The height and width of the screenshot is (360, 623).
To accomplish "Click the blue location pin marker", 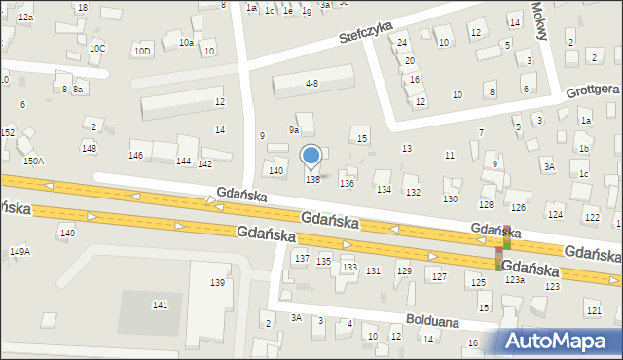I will coord(311,156).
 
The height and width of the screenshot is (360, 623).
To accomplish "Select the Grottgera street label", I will coord(592,90).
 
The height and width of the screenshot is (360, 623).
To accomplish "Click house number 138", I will coord(313,179).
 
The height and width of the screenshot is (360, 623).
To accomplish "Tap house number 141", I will coord(160,306).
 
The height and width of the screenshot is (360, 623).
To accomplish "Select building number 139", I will coord(217,282).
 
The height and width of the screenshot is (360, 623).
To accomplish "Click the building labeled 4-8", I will coord(311,84).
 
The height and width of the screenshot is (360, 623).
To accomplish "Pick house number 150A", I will coord(33,161).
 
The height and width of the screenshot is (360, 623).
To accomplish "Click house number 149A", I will coord(19,251).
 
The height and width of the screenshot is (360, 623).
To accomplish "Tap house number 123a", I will coord(515,279).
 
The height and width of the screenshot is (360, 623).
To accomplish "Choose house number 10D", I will coord(142,50).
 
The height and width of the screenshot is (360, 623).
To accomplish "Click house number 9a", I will coord(293,129).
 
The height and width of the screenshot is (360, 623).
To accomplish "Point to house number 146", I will coord(136,156).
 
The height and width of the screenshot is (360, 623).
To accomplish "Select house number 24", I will coord(401,43).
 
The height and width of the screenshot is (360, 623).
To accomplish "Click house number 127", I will coord(440,277).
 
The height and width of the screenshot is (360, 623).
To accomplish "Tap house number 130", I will coord(450,198).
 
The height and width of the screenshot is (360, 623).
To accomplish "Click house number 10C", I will coord(97,48).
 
